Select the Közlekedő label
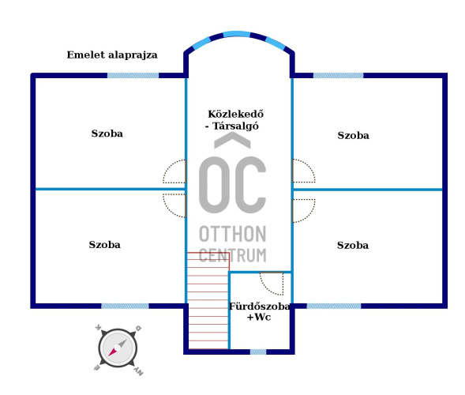(x=236, y=114)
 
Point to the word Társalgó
(x=236, y=126)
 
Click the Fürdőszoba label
(x=260, y=307)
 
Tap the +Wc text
(x=259, y=318)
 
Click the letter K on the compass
(x=98, y=327)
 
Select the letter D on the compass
(x=138, y=328)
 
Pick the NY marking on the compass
(x=139, y=371)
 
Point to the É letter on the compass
(x=97, y=368)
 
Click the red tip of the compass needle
(x=109, y=355)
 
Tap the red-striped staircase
(x=208, y=301)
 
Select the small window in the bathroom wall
(x=258, y=352)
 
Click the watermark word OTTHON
(x=232, y=234)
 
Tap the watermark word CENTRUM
(x=232, y=255)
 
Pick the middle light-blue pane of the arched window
(x=236, y=34)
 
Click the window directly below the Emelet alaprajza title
(x=133, y=75)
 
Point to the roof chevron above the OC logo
(x=232, y=141)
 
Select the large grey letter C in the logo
(x=251, y=185)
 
